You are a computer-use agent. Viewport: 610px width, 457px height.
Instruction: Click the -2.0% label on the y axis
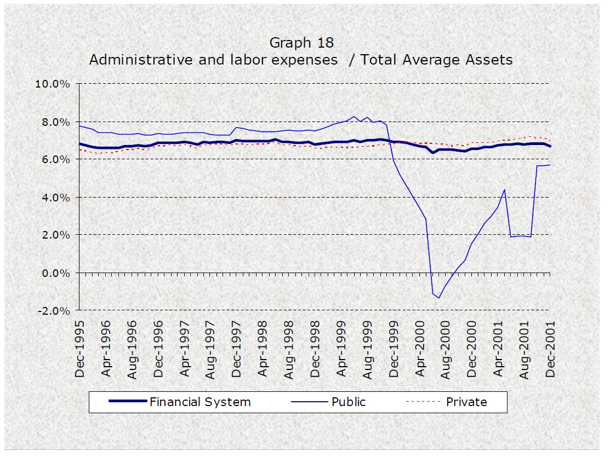(x=55, y=310)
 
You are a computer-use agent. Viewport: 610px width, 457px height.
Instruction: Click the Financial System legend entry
(x=200, y=402)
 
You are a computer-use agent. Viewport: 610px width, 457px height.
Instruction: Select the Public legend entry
(x=349, y=402)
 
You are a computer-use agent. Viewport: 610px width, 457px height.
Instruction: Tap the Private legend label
(x=466, y=402)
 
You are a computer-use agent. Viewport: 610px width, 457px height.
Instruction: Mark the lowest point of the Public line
(x=439, y=298)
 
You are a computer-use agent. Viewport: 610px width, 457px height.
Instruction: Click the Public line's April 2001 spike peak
(x=504, y=189)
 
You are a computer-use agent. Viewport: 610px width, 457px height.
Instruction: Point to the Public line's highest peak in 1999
(x=355, y=117)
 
